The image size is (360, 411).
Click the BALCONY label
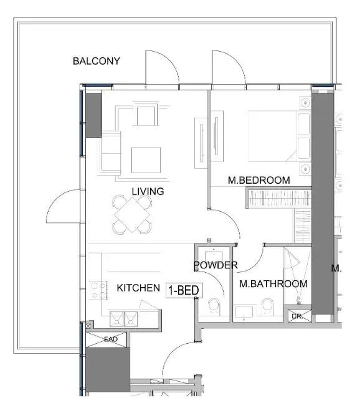[97, 61]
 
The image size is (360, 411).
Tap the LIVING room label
[148, 191]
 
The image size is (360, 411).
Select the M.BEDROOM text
[259, 180]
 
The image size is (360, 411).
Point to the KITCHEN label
[138, 288]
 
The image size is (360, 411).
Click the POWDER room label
[216, 265]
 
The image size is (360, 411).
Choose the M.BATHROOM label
[273, 283]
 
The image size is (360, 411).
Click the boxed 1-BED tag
[184, 290]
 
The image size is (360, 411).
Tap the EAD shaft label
[111, 339]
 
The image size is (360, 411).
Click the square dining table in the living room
[133, 215]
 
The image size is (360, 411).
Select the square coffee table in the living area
[146, 160]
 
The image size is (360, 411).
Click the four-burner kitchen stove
[98, 290]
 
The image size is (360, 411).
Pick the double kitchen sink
[124, 319]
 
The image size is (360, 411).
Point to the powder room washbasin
[214, 255]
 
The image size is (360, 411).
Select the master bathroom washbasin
[244, 313]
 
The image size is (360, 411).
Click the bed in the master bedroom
[280, 136]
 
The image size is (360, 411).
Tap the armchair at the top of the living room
[147, 115]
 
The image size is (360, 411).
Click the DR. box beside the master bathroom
[298, 316]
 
